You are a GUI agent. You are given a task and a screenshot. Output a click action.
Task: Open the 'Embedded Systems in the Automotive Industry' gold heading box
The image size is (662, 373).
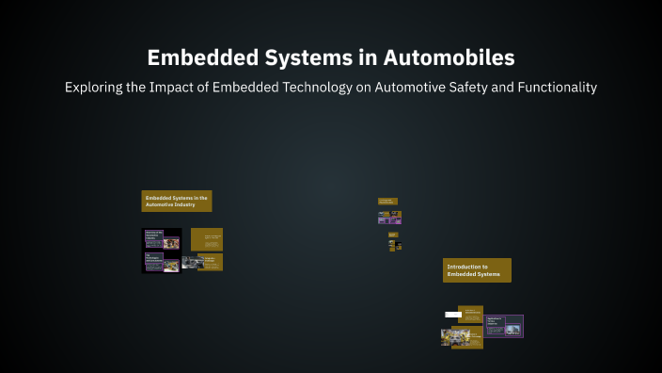pyautogui.click(x=176, y=201)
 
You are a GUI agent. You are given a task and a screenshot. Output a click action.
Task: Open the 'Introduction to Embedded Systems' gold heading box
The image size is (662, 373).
pyautogui.click(x=477, y=270)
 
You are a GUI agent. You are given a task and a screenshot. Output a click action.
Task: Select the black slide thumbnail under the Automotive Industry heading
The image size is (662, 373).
pyautogui.click(x=161, y=251)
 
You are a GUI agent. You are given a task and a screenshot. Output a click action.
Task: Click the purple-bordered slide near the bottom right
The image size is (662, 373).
pyautogui.click(x=503, y=326)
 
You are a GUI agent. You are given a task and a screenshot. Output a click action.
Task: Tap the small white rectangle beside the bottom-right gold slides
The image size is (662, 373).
pyautogui.click(x=451, y=314)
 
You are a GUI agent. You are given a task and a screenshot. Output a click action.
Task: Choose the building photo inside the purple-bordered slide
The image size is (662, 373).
pyautogui.click(x=512, y=330)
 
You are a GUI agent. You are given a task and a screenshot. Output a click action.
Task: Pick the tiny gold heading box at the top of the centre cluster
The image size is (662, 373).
pyautogui.click(x=387, y=201)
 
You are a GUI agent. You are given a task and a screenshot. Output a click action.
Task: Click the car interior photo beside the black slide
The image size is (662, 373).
pyautogui.click(x=189, y=263)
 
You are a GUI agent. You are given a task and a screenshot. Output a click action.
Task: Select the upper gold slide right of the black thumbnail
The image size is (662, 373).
pyautogui.click(x=207, y=239)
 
